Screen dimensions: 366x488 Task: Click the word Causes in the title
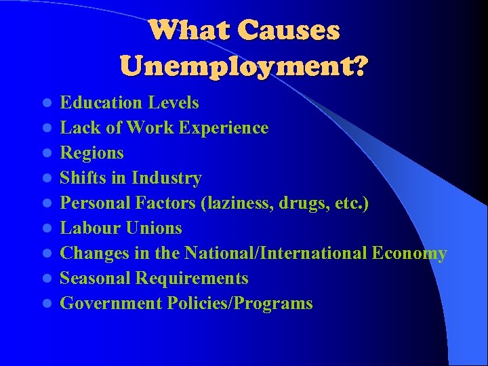[x=289, y=30]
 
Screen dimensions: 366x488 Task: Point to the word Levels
[x=174, y=103]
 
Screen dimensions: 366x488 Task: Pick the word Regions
[x=91, y=153]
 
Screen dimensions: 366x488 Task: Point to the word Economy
[x=409, y=253]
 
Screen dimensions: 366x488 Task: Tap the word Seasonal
[x=95, y=279]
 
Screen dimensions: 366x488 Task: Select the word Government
[x=110, y=304]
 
